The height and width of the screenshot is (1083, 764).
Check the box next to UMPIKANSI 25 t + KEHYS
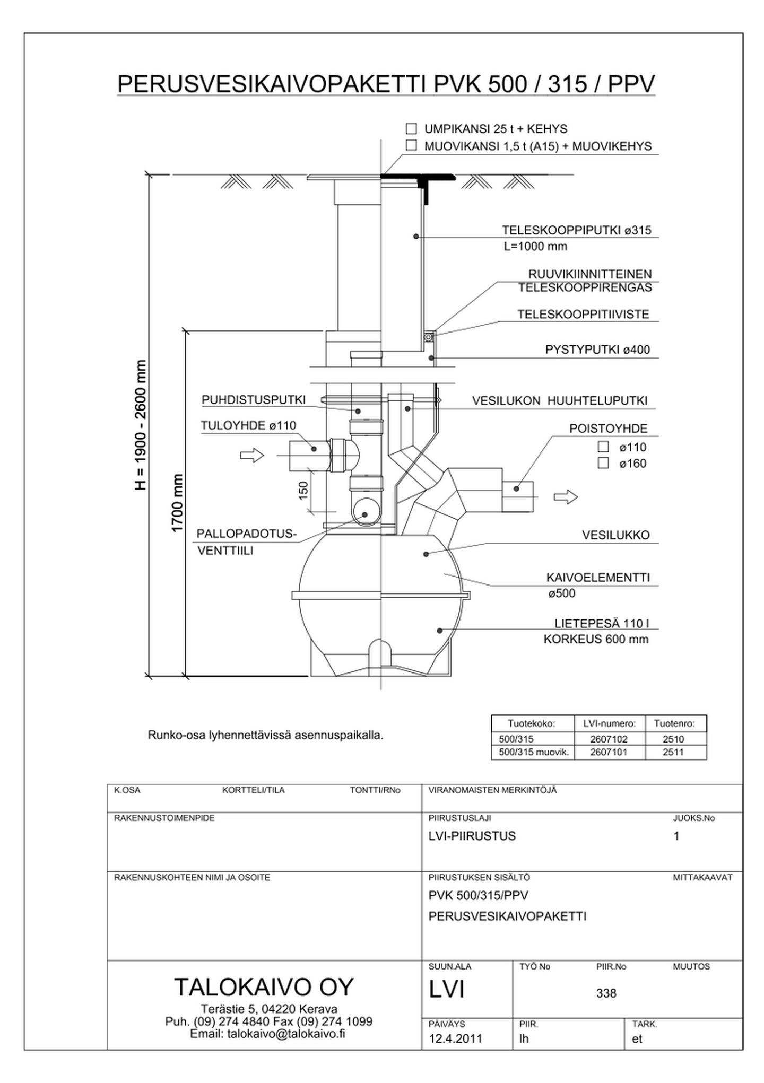411,129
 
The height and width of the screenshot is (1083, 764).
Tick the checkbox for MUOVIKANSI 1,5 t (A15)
411,146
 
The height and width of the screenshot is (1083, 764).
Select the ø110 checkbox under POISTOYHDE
603,447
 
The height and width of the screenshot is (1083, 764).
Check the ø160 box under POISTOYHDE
603,463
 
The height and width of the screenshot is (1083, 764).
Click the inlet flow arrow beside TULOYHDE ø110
252,455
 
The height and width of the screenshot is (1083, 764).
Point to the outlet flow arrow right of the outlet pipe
566,497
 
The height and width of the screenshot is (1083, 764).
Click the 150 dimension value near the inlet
303,490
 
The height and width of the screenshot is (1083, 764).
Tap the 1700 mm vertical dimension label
177,503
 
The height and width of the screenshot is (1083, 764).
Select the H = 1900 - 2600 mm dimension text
141,425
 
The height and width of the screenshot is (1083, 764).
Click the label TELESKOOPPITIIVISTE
583,315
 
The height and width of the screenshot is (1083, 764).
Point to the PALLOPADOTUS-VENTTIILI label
246,542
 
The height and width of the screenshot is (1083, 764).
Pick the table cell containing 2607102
609,739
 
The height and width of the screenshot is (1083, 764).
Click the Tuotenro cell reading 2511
673,752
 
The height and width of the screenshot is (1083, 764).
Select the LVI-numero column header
609,724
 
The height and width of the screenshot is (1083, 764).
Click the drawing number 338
606,993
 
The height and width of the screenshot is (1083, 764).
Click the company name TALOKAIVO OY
264,987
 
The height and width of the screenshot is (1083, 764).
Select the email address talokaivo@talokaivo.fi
286,1034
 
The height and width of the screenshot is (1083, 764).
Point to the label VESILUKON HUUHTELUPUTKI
559,401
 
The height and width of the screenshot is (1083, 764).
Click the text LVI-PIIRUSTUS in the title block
472,836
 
